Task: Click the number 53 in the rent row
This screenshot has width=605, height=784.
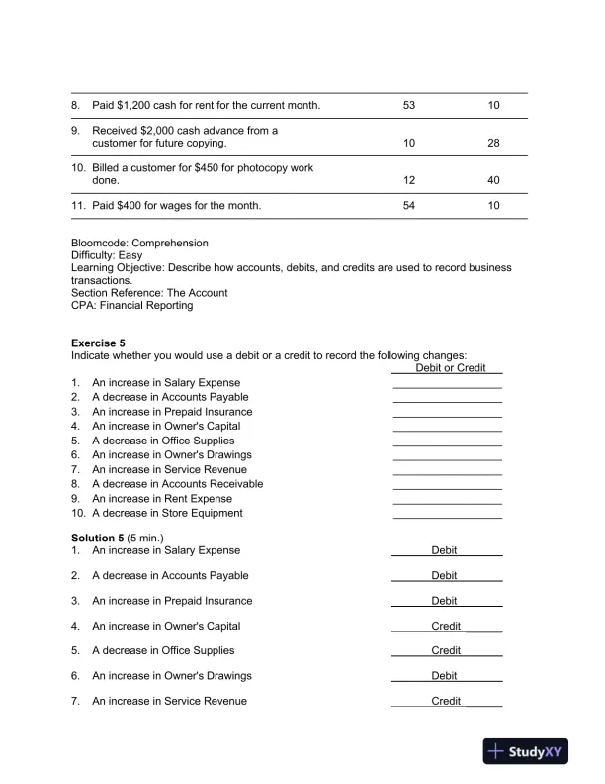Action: point(410,104)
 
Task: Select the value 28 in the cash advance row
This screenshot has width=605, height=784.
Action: point(493,143)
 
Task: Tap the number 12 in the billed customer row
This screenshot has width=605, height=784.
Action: point(410,180)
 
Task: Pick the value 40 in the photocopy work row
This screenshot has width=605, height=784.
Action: point(493,180)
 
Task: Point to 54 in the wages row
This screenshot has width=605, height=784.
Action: point(410,205)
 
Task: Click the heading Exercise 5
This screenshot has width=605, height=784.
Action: point(99,343)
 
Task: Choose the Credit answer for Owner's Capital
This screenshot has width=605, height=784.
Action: point(446,626)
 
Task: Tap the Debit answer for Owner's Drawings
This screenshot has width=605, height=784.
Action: point(444,676)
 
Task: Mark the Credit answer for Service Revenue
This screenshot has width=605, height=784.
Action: point(446,701)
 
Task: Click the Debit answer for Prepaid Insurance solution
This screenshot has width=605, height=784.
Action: point(444,601)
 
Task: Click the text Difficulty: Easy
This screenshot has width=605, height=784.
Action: point(107,254)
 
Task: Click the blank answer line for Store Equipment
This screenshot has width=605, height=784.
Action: point(447,515)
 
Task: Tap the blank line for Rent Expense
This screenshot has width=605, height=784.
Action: point(447,500)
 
